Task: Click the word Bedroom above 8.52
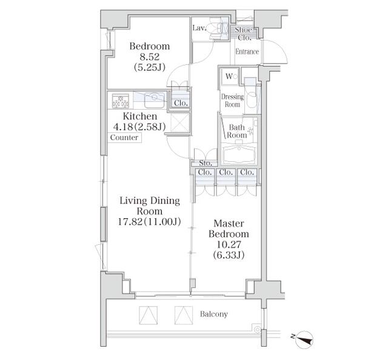[149, 46]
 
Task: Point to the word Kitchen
[140, 116]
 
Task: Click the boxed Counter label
[125, 138]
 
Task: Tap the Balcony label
[213, 314]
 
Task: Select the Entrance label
[247, 52]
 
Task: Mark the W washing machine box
[229, 76]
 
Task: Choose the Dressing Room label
[232, 101]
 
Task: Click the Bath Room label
[236, 131]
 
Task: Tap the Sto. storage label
[204, 162]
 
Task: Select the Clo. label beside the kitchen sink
[180, 102]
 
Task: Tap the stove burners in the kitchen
[120, 100]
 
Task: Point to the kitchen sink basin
[154, 97]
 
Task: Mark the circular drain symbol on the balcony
[258, 330]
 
